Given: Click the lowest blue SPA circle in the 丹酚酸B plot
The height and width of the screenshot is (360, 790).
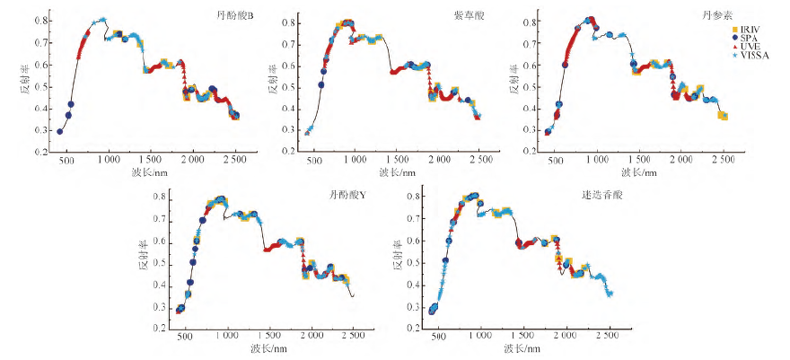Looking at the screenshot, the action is (x=59, y=131).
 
